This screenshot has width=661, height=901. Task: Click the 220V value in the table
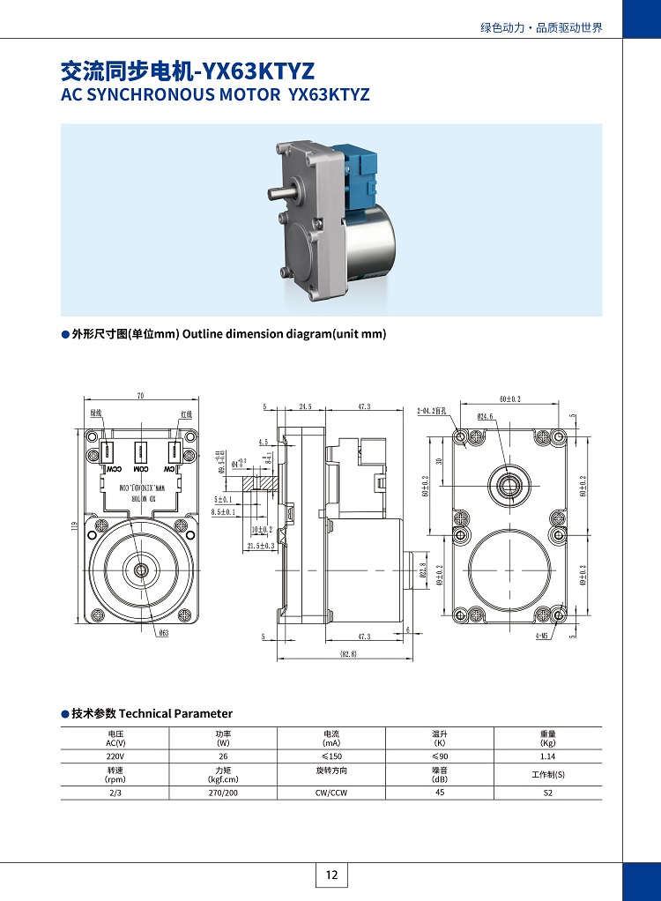point(115,756)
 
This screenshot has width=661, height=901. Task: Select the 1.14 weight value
point(547,756)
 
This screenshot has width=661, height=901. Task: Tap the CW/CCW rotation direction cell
point(331,793)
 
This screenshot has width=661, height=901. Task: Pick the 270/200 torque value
point(223,793)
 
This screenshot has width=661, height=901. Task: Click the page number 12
point(331,875)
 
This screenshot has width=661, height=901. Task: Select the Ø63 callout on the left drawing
point(163,633)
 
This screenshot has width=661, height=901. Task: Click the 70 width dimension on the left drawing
point(140,396)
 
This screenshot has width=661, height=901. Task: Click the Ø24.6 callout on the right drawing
point(486,416)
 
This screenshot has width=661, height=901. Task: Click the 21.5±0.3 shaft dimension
point(261,547)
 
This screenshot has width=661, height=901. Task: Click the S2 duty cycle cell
point(547,793)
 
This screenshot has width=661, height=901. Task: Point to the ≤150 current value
point(331,756)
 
